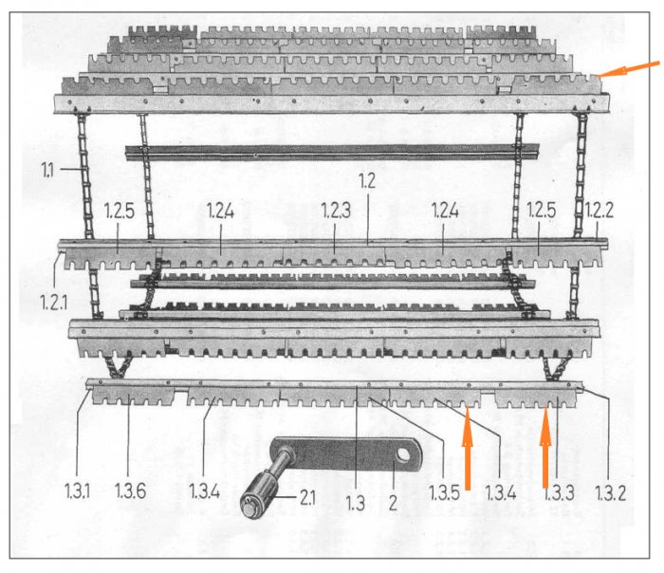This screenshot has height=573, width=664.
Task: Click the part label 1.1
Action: (x=47, y=170)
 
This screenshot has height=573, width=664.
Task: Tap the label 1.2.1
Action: (x=54, y=303)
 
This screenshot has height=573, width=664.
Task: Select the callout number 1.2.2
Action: (x=599, y=210)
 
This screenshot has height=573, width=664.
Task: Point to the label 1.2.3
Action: (x=336, y=211)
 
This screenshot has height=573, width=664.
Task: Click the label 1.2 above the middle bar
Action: (x=367, y=181)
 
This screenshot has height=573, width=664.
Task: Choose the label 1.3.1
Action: (x=77, y=491)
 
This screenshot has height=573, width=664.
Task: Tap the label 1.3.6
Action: (x=131, y=491)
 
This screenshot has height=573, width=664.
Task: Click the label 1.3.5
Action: (x=444, y=492)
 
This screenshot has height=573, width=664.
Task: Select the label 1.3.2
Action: (x=610, y=493)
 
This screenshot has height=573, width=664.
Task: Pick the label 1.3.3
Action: (x=559, y=493)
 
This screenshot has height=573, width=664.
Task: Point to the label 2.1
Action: (x=307, y=497)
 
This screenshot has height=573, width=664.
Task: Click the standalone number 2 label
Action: (x=393, y=503)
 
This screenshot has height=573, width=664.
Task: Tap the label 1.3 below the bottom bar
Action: (x=356, y=503)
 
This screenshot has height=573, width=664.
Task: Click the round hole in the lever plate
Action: (x=402, y=454)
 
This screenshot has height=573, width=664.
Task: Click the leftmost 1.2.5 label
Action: (x=120, y=211)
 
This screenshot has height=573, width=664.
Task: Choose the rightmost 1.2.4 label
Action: (x=445, y=211)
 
